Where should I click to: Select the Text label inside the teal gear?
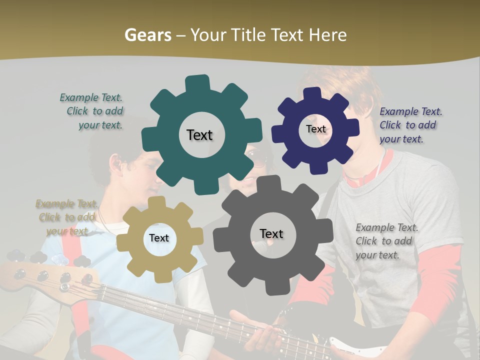[x=199, y=135]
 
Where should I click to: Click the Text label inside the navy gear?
[x=315, y=129]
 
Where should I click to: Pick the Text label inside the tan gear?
[x=158, y=238]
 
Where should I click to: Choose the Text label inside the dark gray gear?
[x=271, y=233]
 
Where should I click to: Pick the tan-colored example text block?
[x=66, y=217]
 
